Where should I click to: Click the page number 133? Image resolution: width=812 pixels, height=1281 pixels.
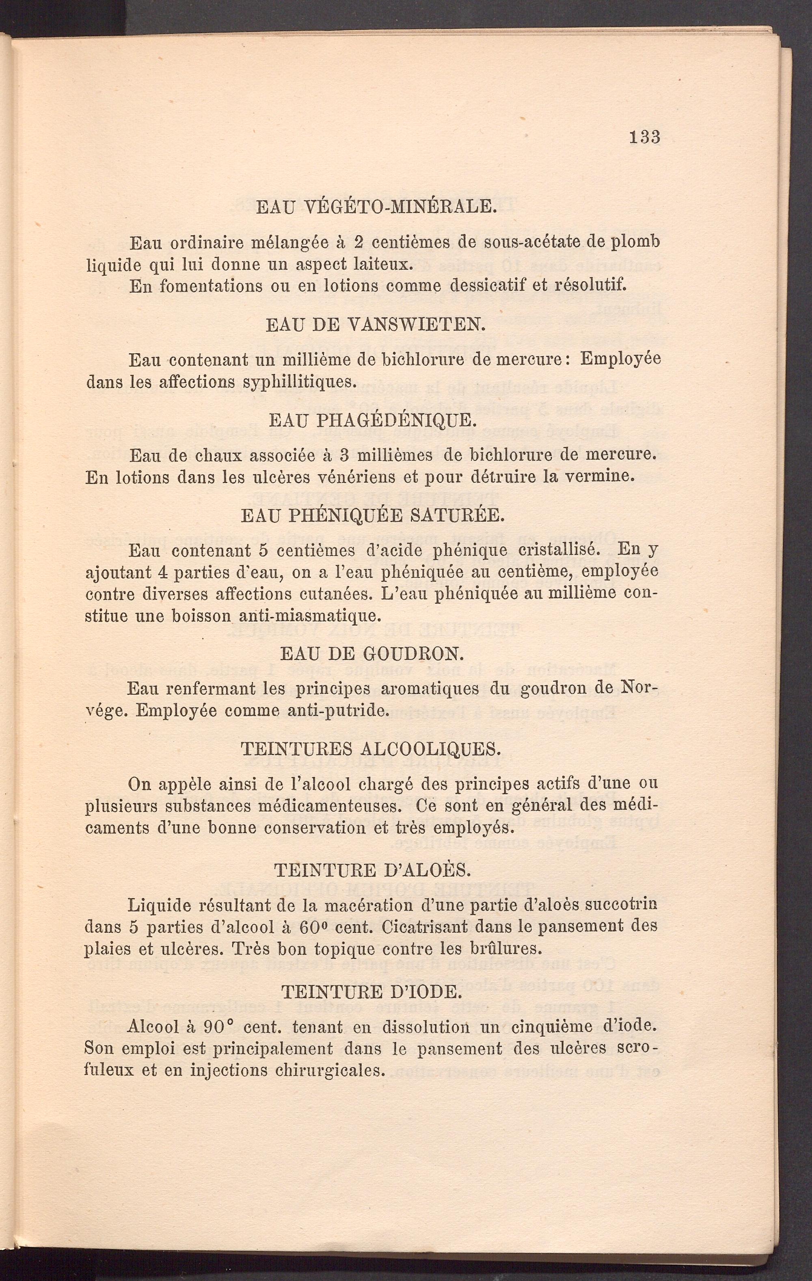pyautogui.click(x=644, y=137)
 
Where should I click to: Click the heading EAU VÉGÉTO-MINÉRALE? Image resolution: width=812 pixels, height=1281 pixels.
pyautogui.click(x=376, y=206)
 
